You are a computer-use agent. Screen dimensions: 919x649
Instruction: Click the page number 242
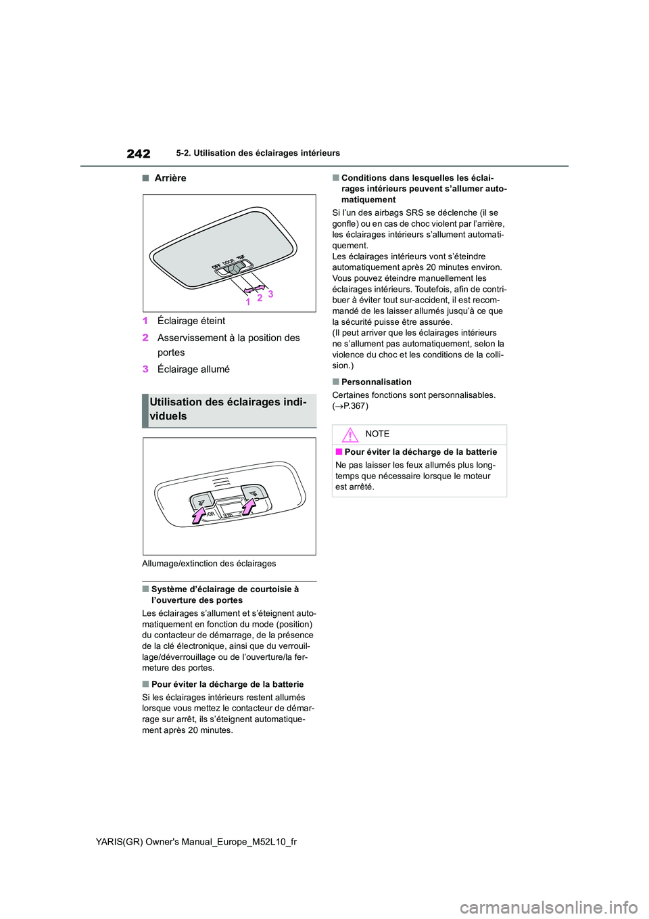(139, 154)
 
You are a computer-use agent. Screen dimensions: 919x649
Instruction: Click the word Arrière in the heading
(170, 178)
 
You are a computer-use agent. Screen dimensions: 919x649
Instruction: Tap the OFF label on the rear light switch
(216, 266)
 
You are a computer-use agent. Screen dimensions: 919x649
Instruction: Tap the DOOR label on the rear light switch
(228, 262)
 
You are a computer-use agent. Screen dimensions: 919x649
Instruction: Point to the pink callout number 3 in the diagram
(270, 294)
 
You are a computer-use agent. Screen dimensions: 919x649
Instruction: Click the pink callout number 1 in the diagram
(248, 302)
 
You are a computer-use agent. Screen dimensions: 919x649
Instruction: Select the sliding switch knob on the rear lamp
(236, 269)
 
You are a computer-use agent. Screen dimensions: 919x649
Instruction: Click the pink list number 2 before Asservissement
(145, 338)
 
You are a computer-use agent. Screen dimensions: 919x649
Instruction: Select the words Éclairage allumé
(193, 369)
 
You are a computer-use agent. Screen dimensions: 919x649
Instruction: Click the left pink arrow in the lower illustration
(199, 515)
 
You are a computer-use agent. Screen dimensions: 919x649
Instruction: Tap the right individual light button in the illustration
(254, 493)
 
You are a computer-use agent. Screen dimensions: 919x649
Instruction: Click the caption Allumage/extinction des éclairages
(209, 564)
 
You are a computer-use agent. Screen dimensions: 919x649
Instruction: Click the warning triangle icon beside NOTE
(350, 435)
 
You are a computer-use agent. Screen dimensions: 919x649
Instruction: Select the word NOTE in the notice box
(377, 434)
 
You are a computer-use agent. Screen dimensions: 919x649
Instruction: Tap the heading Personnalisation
(376, 382)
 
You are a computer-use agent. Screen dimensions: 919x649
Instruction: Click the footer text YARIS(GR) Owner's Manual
(196, 841)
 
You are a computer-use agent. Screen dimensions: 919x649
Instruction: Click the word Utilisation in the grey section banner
(176, 402)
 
